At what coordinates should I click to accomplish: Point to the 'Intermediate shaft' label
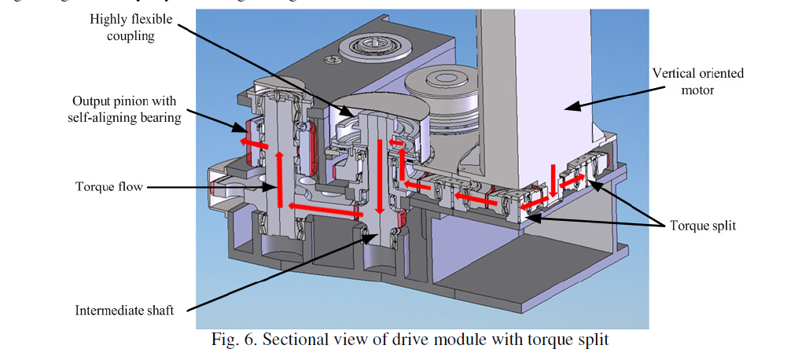(125, 309)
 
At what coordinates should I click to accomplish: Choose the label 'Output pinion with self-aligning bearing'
(127, 109)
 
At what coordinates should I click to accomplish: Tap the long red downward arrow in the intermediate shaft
(380, 176)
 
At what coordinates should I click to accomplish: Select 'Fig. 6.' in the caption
(234, 340)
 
